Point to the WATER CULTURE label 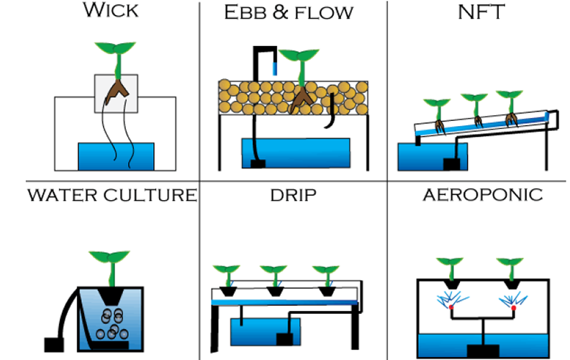(112, 194)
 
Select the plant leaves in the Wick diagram (116, 51)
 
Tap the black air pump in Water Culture (55, 343)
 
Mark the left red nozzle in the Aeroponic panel (452, 308)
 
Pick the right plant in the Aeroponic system (513, 266)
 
